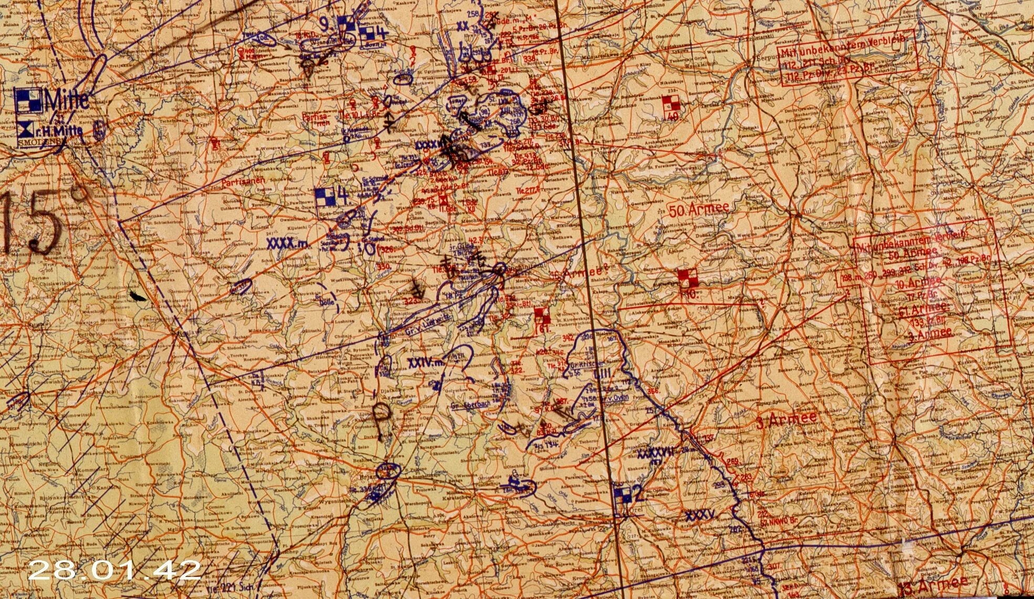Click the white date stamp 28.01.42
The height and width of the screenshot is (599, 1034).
114,570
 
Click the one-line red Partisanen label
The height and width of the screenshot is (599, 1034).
242,182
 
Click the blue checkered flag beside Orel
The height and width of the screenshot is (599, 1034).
623,494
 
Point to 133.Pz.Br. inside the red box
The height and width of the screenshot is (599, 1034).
927,322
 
